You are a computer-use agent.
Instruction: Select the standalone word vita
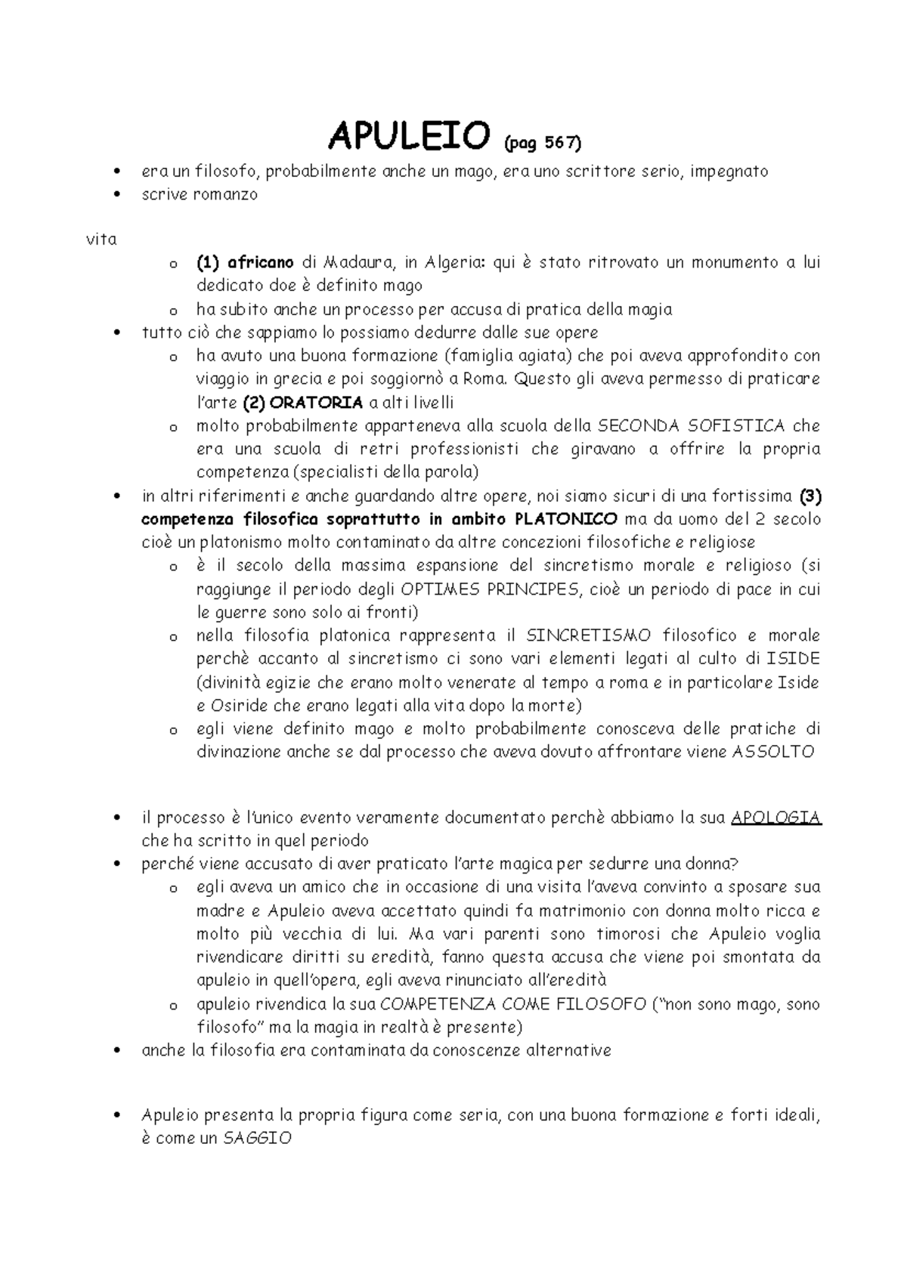tap(101, 240)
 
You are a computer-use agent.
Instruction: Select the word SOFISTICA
tap(726, 426)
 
